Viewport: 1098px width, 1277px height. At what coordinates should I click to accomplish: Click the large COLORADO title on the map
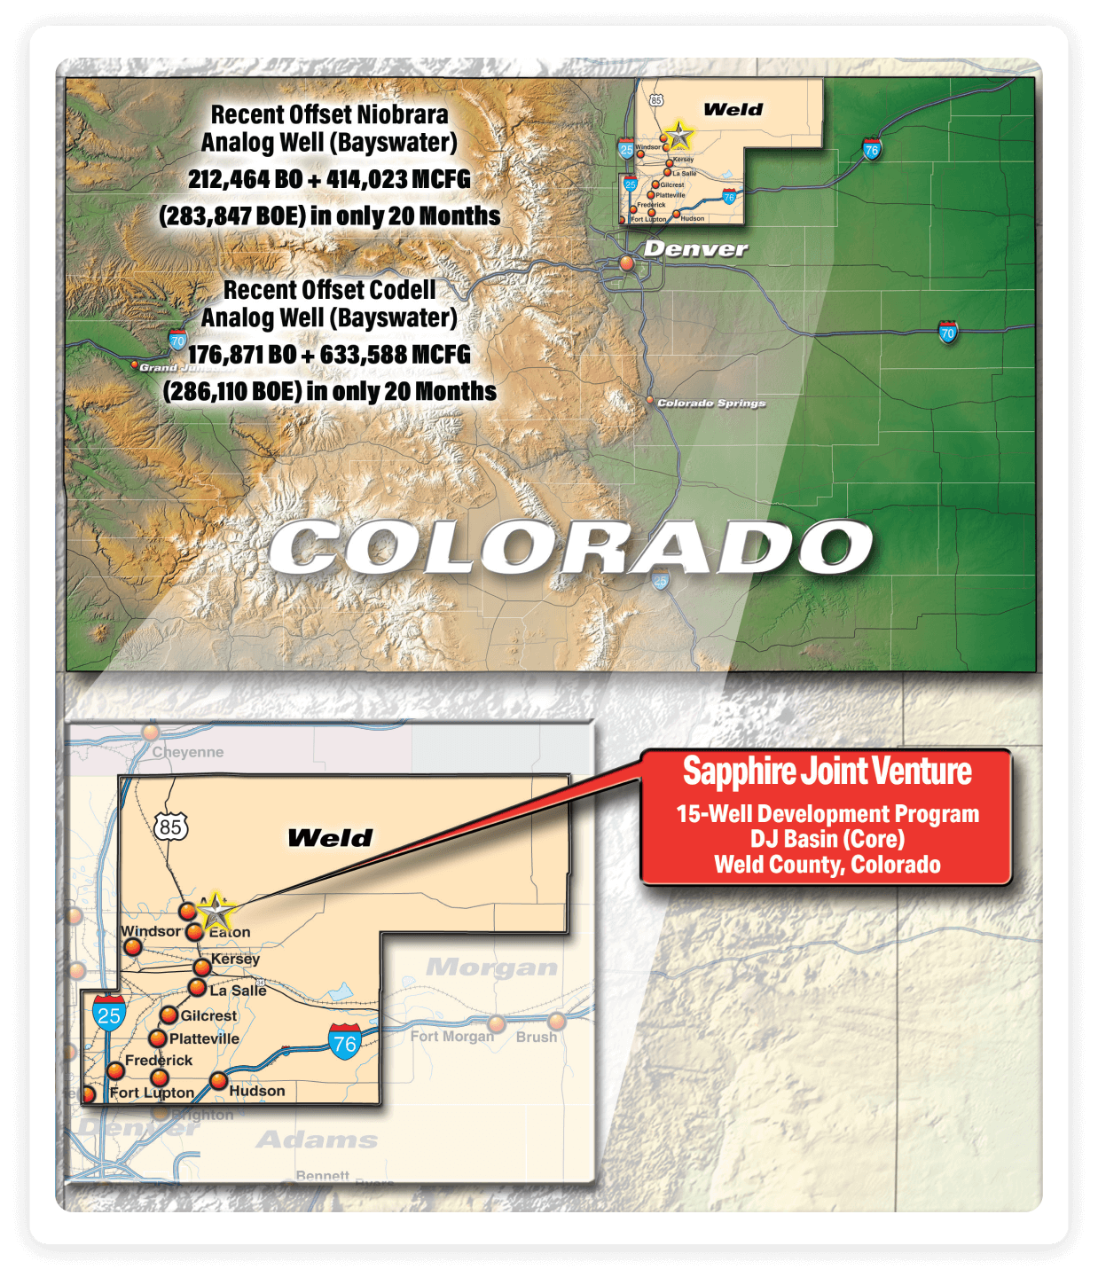pos(570,547)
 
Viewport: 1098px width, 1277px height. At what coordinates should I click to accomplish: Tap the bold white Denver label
pos(695,249)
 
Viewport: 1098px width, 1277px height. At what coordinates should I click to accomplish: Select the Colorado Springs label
pos(710,403)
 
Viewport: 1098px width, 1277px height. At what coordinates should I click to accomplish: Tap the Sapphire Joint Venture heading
pos(827,772)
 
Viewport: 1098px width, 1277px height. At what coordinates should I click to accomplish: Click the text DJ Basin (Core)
pos(827,839)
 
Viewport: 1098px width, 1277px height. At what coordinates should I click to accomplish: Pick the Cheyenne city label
pos(187,752)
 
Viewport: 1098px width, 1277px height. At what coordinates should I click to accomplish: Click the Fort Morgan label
pos(451,1036)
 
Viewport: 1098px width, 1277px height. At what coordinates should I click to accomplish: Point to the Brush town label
pos(536,1037)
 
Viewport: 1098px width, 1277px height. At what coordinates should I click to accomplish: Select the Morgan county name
pos(491,968)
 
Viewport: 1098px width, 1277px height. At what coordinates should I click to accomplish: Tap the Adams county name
pos(317,1140)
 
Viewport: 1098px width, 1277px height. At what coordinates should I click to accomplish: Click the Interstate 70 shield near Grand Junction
pos(177,341)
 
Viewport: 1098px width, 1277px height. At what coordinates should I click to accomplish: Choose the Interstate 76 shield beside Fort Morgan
pos(344,1042)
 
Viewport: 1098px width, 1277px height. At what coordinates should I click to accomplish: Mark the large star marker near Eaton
pos(216,911)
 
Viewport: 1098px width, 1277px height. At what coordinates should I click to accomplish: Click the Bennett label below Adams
pos(322,1176)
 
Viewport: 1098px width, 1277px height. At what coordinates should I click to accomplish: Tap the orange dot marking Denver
pos(627,262)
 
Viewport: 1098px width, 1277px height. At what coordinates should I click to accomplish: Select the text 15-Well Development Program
pos(827,814)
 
